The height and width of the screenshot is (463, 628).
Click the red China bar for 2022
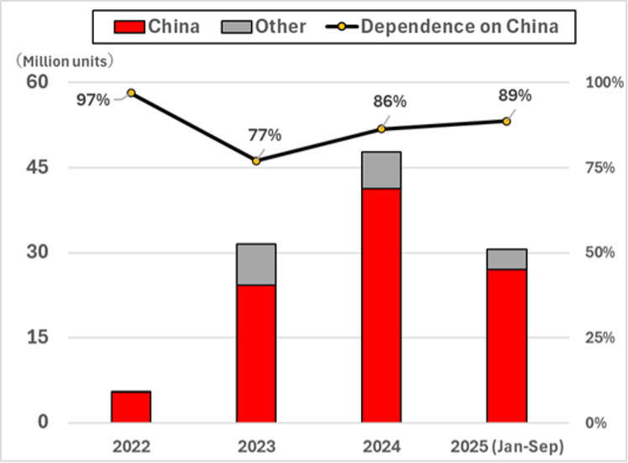[131, 407]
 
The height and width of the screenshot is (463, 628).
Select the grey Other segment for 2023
[256, 264]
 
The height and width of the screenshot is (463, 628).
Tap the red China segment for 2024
[381, 305]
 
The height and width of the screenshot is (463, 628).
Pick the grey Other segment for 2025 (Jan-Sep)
[506, 259]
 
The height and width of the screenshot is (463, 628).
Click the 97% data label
[93, 100]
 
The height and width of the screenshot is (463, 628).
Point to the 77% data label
[264, 135]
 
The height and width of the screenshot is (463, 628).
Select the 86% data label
[390, 101]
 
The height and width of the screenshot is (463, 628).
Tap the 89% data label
[515, 96]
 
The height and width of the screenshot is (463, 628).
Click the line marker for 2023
[256, 160]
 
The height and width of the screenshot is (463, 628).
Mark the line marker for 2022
[131, 92]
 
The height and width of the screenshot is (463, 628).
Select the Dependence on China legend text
[459, 26]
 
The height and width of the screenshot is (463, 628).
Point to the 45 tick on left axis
[37, 168]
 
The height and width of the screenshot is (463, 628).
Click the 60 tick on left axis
[37, 82]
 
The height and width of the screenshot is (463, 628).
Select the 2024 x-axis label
[381, 445]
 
